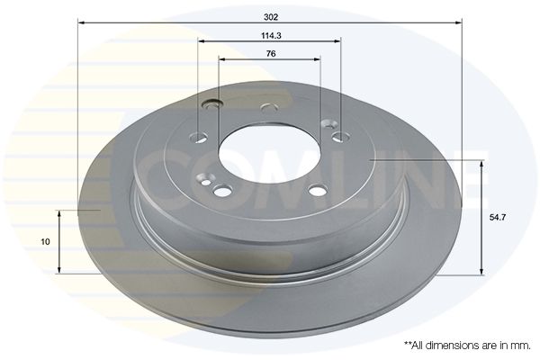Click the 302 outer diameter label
(x=271, y=17)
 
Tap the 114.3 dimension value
(x=271, y=35)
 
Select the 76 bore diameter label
(x=271, y=54)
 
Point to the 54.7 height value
(x=498, y=218)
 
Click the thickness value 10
(x=45, y=242)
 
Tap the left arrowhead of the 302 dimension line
(x=82, y=22)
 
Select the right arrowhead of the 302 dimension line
(x=458, y=22)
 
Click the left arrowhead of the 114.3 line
(x=202, y=41)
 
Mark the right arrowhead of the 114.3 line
(x=337, y=41)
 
